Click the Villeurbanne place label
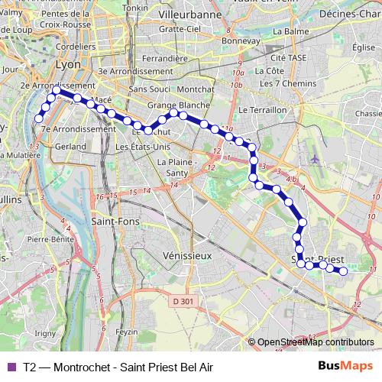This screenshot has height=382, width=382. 189,15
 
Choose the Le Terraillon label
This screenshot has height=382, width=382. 261,110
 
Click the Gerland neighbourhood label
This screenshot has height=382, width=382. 70,145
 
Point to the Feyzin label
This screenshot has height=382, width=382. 126,332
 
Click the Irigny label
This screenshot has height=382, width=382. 45,333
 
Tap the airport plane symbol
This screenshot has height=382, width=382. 315,158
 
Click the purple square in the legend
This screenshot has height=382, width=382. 10,367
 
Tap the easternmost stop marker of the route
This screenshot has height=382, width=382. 343,271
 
